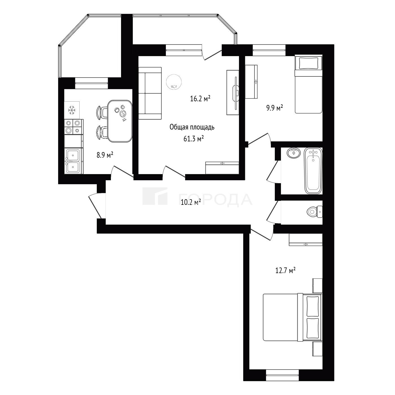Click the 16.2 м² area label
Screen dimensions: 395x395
[x=200, y=99]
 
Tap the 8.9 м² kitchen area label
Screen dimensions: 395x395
[x=105, y=155]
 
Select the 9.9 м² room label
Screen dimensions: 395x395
[x=275, y=108]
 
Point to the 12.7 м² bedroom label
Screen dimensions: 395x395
[x=285, y=271]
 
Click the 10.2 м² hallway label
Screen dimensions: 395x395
[x=191, y=202]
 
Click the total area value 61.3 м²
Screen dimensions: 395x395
[x=194, y=139]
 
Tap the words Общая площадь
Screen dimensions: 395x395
[x=192, y=127]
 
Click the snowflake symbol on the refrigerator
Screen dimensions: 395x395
[x=72, y=110]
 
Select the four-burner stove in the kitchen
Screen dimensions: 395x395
[x=74, y=127]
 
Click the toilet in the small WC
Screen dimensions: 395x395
[x=314, y=212]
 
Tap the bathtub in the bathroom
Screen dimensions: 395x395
[x=313, y=171]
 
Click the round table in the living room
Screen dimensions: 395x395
[x=174, y=82]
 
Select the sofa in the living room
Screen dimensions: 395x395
[x=150, y=93]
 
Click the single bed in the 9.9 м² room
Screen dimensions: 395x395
[x=308, y=84]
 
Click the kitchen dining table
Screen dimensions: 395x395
[x=120, y=121]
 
